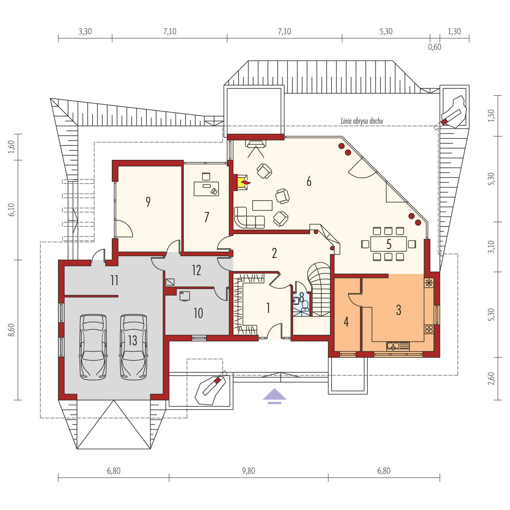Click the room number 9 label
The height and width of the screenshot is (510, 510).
[148, 202]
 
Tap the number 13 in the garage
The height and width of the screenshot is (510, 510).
[133, 341]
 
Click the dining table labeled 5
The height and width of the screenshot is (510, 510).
[388, 244]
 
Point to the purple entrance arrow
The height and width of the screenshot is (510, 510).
[275, 396]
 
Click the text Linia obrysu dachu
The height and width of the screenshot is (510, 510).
[362, 121]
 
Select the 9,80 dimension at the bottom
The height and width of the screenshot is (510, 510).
[249, 471]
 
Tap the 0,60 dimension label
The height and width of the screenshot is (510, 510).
[435, 47]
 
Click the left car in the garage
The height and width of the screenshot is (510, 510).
[93, 347]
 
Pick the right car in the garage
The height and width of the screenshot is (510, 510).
[134, 347]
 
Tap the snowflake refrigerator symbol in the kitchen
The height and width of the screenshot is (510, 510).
[429, 283]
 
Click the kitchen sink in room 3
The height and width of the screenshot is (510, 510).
[398, 346]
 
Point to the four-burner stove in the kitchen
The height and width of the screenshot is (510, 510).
[429, 329]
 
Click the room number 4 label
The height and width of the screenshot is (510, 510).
[346, 322]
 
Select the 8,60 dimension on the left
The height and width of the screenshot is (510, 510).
[12, 330]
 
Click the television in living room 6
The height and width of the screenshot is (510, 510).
[256, 144]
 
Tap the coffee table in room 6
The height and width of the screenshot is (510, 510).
[262, 205]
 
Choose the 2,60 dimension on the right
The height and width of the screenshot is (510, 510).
[491, 378]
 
